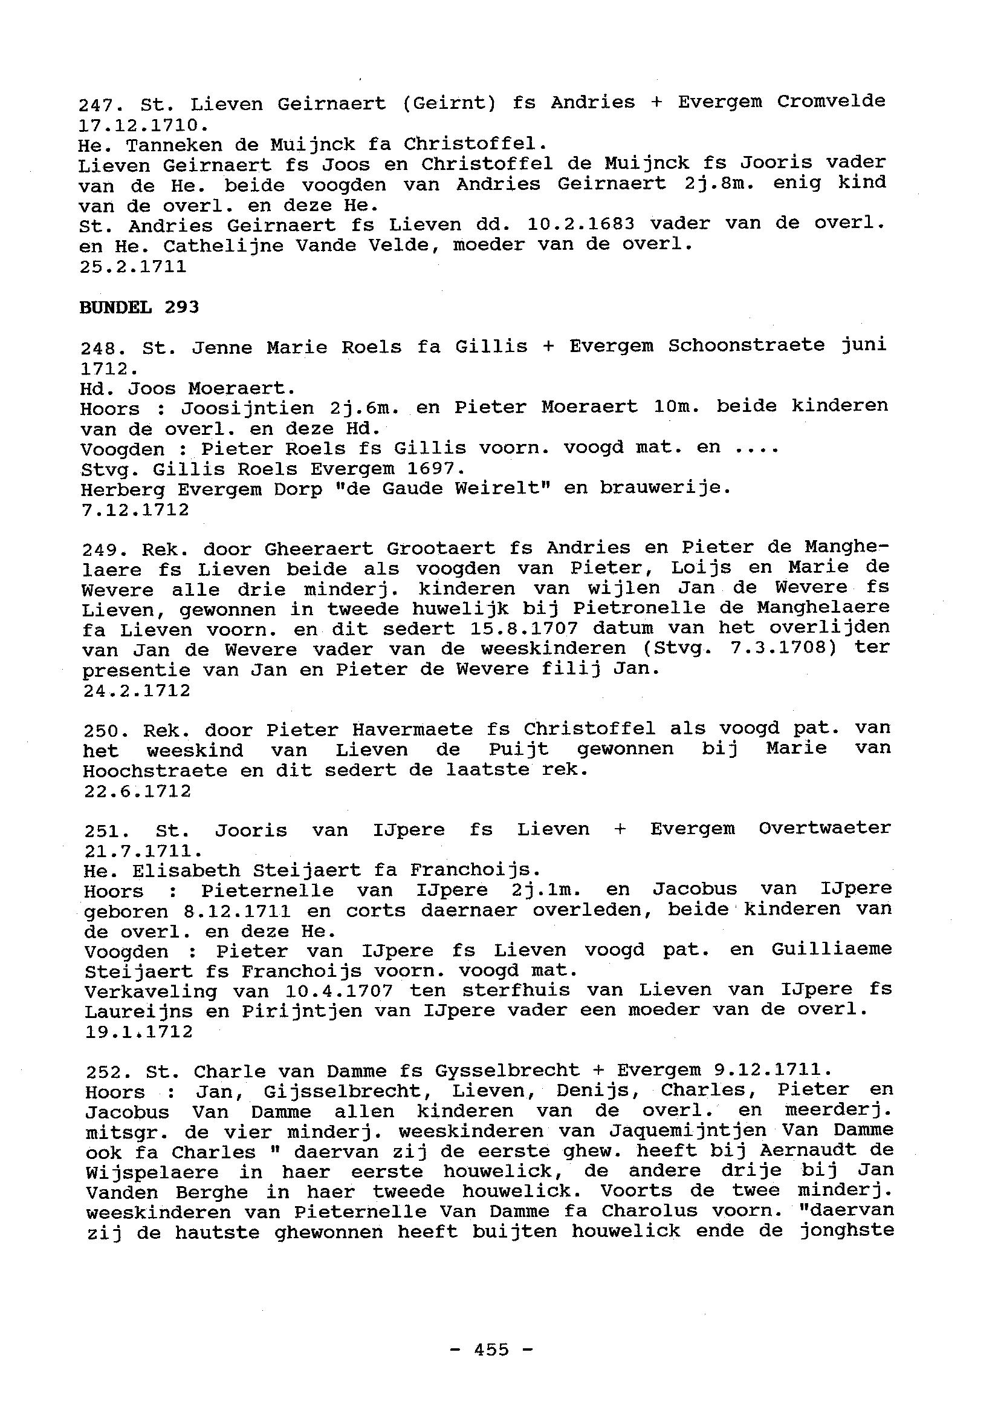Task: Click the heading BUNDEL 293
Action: pyautogui.click(x=139, y=307)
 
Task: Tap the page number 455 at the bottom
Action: pyautogui.click(x=491, y=1349)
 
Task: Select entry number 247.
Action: pyautogui.click(x=100, y=104)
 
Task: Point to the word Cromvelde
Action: pyautogui.click(x=831, y=101)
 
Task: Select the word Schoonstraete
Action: pyautogui.click(x=747, y=345)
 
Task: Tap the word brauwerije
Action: pyautogui.click(x=665, y=489)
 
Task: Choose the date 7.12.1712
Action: pyautogui.click(x=135, y=510)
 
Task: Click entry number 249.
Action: pyautogui.click(x=103, y=548)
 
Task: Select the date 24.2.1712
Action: pyautogui.click(x=137, y=691)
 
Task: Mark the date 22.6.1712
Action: pyautogui.click(x=137, y=791)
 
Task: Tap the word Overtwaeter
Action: pyautogui.click(x=824, y=828)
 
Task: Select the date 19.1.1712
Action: pyautogui.click(x=138, y=1031)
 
